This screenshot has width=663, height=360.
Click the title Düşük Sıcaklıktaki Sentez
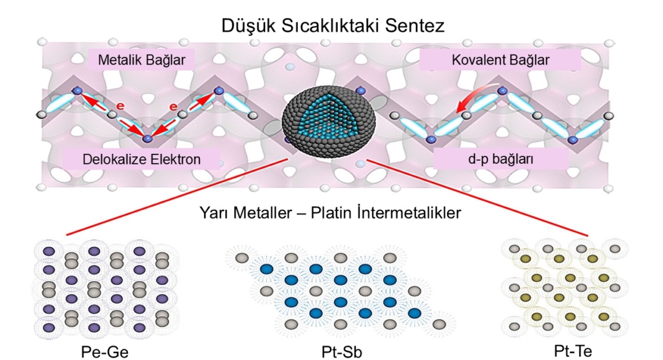point(331,27)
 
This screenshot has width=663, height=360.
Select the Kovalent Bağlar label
point(500,61)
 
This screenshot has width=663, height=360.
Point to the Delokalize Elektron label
point(142,160)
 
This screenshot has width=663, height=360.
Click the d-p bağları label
point(500,160)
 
